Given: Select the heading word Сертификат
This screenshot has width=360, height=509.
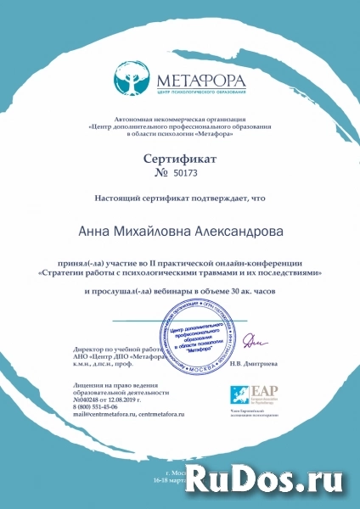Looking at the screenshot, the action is (x=180, y=159).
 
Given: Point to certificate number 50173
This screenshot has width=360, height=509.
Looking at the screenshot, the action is (x=189, y=174).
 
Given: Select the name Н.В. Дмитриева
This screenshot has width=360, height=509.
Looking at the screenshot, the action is (x=256, y=363).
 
